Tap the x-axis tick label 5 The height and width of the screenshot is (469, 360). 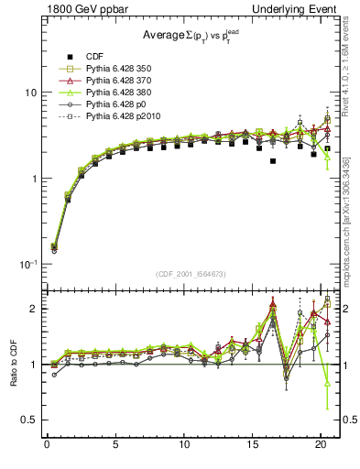(x=115, y=446)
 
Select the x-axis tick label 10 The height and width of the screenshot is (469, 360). (x=183, y=446)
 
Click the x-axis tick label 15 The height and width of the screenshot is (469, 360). (x=252, y=446)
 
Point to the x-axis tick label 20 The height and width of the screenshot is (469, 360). (x=321, y=446)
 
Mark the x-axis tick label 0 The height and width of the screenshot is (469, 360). (x=47, y=446)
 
